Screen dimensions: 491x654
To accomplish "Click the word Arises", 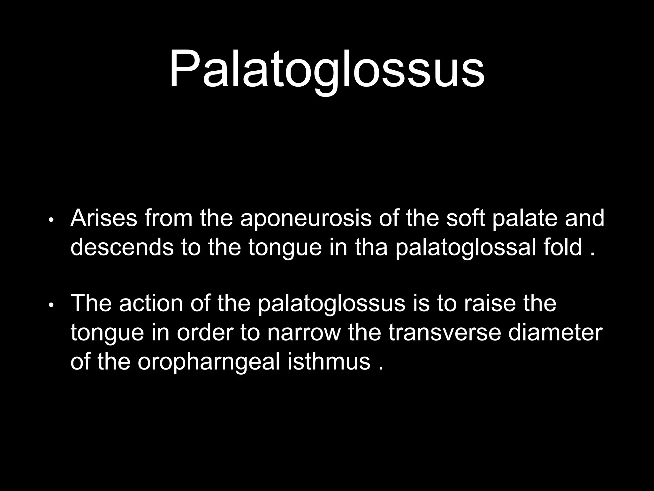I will click(104, 219).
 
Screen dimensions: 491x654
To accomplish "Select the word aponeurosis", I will click(306, 219).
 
